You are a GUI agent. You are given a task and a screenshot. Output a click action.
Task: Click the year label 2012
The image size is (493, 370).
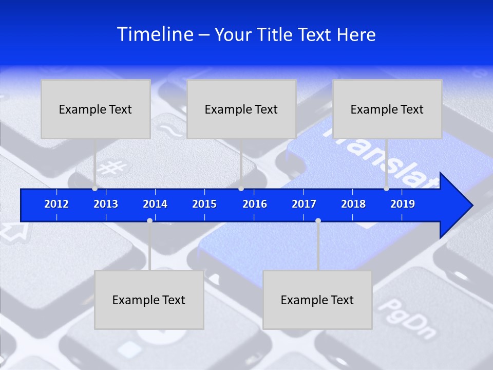point(56,204)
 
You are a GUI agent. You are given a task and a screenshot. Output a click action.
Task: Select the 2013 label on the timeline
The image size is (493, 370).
point(106,204)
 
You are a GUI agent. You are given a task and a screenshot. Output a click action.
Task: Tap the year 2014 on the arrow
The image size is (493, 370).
point(155,204)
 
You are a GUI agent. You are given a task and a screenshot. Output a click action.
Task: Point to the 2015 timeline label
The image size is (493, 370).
point(204,204)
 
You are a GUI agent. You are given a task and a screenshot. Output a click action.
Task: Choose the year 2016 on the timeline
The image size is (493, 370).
point(255,204)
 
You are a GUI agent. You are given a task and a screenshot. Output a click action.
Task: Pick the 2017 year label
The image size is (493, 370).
point(304,204)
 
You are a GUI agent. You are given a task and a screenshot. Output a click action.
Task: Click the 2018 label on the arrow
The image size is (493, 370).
point(353,204)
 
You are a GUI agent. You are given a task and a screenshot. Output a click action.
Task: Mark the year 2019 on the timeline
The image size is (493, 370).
point(403,204)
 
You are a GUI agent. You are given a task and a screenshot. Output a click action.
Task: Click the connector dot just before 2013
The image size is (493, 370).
point(94,189)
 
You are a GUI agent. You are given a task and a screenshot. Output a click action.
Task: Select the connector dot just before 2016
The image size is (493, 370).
point(241,189)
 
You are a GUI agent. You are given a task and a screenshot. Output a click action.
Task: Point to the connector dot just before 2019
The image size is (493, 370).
point(386,189)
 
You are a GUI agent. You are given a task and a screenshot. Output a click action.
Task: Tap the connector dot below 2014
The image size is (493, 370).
point(149,220)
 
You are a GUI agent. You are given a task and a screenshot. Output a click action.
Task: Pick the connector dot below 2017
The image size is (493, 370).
point(318,220)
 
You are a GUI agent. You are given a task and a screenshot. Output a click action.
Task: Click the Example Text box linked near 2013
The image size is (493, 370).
point(96,109)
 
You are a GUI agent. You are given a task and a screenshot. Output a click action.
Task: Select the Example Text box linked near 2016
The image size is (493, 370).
point(241,109)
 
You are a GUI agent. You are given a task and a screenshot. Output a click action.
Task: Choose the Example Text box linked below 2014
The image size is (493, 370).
point(149,300)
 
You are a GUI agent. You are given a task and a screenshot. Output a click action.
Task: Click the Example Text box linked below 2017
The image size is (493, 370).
point(317,300)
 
